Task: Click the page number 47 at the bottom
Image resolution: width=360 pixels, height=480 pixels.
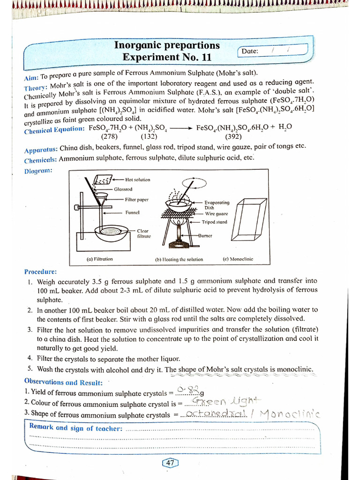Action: pos(170,463)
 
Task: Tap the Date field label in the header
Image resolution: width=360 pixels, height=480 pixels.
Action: pos(250,51)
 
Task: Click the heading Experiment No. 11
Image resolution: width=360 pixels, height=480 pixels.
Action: pos(167,57)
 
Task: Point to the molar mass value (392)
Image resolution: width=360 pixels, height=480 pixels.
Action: pos(233,137)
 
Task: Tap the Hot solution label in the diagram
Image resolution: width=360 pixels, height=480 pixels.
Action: pos(138,180)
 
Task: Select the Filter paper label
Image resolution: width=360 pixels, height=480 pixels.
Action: pos(136,200)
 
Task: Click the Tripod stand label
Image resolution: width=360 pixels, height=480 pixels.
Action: pos(214,222)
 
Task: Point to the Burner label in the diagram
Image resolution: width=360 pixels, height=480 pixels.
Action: pos(205,235)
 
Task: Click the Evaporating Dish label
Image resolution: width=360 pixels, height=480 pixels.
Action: pos(217,205)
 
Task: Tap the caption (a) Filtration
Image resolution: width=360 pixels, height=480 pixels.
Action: pos(100,259)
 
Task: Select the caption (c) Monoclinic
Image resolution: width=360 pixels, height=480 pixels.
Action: pos(238,259)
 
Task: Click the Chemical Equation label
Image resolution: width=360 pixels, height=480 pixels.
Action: pos(54,128)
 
